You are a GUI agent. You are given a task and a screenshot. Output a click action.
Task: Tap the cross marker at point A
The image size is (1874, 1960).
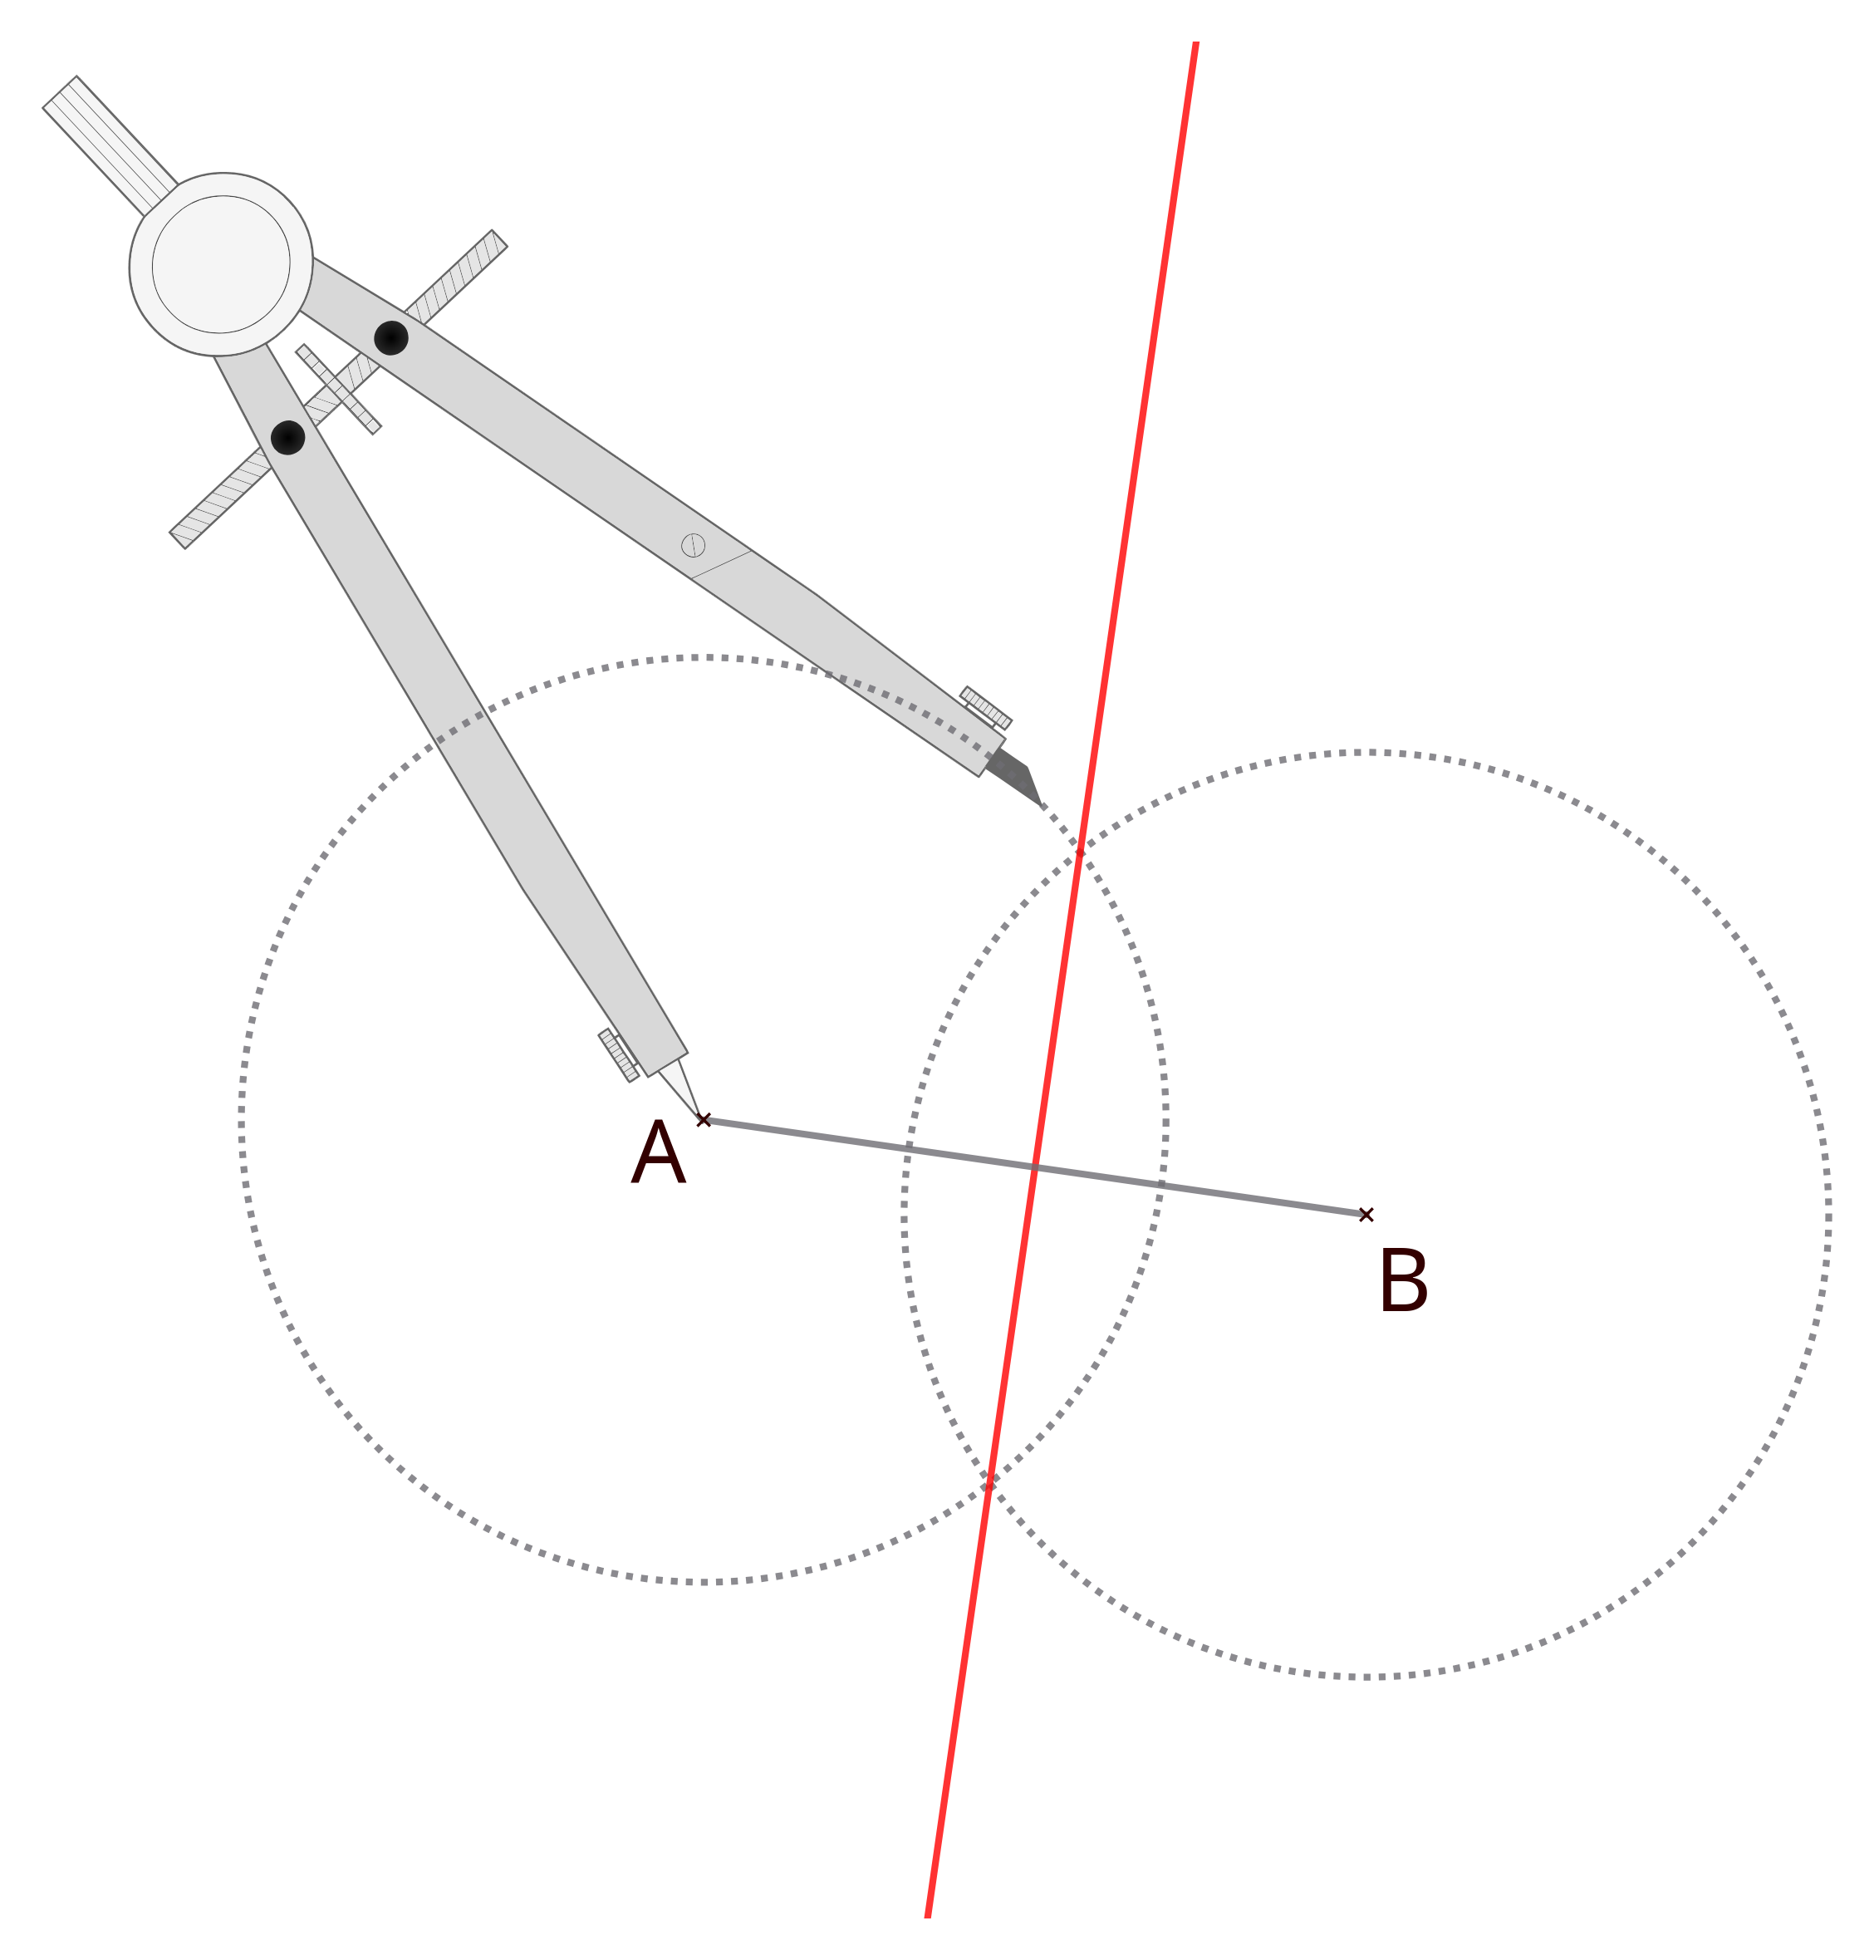(x=704, y=1120)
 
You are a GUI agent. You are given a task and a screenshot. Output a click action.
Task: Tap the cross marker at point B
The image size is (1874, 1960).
(x=1366, y=1215)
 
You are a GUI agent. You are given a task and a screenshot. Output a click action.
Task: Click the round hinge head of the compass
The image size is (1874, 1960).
(x=221, y=263)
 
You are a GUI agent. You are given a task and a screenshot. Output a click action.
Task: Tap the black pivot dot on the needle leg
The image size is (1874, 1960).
(x=287, y=438)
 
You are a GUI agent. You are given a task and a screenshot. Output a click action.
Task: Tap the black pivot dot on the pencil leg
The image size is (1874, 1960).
(x=390, y=337)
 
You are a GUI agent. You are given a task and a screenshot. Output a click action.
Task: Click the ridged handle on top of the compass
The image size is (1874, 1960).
(x=110, y=145)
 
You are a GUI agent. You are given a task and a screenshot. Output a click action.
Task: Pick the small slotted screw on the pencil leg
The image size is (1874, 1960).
(x=694, y=544)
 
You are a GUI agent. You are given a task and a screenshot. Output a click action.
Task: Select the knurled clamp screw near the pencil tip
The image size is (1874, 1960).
(x=986, y=707)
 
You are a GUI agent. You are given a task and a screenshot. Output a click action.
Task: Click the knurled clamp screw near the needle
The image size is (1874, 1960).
(x=618, y=1055)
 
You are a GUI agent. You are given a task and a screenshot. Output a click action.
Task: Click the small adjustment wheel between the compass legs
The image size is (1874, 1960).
(x=339, y=389)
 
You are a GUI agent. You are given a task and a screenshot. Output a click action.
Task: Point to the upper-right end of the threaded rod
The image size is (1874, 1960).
(x=499, y=238)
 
